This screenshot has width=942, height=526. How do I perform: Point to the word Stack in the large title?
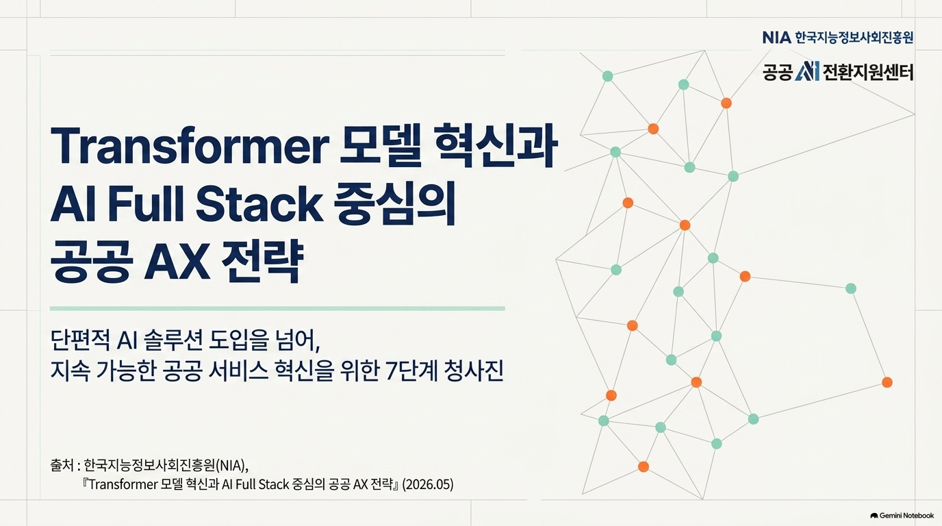259,204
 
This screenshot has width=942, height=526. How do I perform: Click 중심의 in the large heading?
395,204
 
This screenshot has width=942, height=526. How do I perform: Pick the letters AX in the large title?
177,264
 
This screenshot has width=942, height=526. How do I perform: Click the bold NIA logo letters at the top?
777,38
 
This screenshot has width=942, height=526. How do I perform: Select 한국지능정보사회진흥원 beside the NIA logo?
854,38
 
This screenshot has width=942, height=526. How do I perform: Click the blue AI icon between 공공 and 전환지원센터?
807,71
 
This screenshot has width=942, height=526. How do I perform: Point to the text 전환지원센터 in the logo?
868,71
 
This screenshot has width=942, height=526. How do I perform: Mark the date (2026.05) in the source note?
428,485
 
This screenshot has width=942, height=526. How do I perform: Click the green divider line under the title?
277,308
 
